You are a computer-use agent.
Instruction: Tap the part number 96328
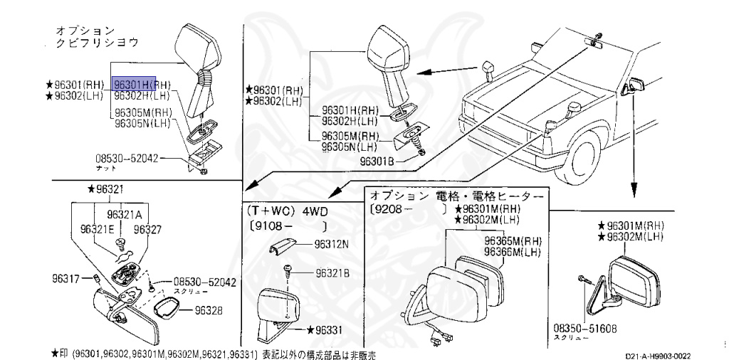[x=209, y=310]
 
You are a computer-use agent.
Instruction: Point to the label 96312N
[x=332, y=243]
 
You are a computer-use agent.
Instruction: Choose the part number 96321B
[x=332, y=272]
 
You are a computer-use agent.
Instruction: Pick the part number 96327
[x=148, y=229]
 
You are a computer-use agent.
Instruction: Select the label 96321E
[x=98, y=229]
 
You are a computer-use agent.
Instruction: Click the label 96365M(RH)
[x=513, y=241]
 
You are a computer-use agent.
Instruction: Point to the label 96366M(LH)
[x=513, y=251]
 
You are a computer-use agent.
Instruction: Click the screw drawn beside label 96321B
[x=289, y=270]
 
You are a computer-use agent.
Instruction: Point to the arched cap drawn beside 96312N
[x=282, y=245]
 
